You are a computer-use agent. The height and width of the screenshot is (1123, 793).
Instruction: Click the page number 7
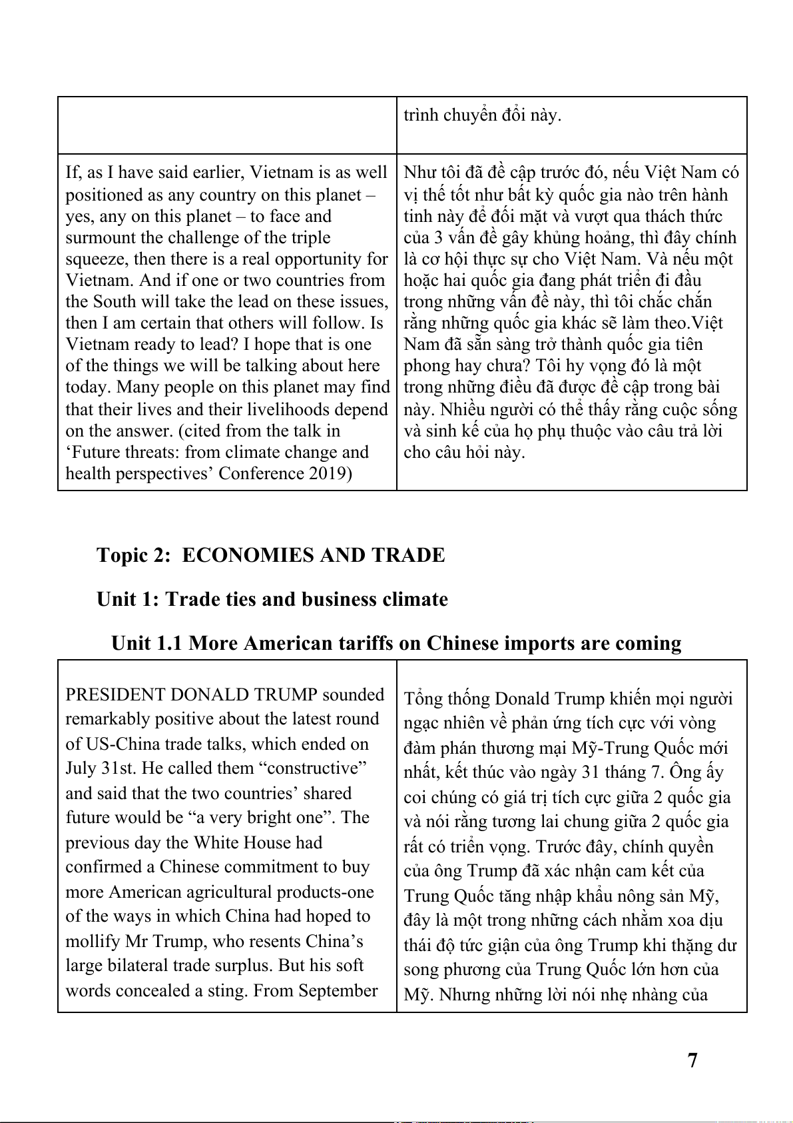click(x=692, y=1060)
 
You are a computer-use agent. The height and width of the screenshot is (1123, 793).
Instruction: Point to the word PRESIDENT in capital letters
click(x=115, y=694)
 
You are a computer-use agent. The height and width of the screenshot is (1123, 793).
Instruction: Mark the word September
click(x=338, y=990)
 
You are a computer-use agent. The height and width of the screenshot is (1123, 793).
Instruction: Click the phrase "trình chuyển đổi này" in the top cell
click(x=482, y=115)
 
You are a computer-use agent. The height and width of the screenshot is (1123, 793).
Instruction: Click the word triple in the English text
click(x=310, y=237)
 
